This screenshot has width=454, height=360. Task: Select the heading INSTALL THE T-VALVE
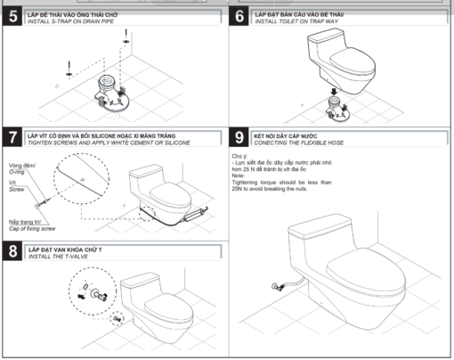66,259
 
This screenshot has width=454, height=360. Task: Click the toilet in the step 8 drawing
160,303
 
